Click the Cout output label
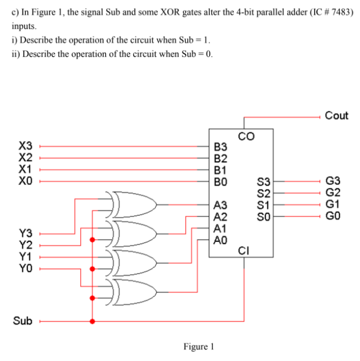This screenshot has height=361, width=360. point(336,115)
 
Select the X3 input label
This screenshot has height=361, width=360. point(25,145)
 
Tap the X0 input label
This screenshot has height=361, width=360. point(25,180)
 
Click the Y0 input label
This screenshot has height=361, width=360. point(25,268)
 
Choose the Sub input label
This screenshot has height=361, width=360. point(23,320)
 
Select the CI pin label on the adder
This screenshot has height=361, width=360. point(245,251)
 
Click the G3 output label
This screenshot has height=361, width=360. point(333,181)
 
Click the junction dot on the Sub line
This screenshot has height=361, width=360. point(91,320)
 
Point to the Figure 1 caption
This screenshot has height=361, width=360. point(198,347)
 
